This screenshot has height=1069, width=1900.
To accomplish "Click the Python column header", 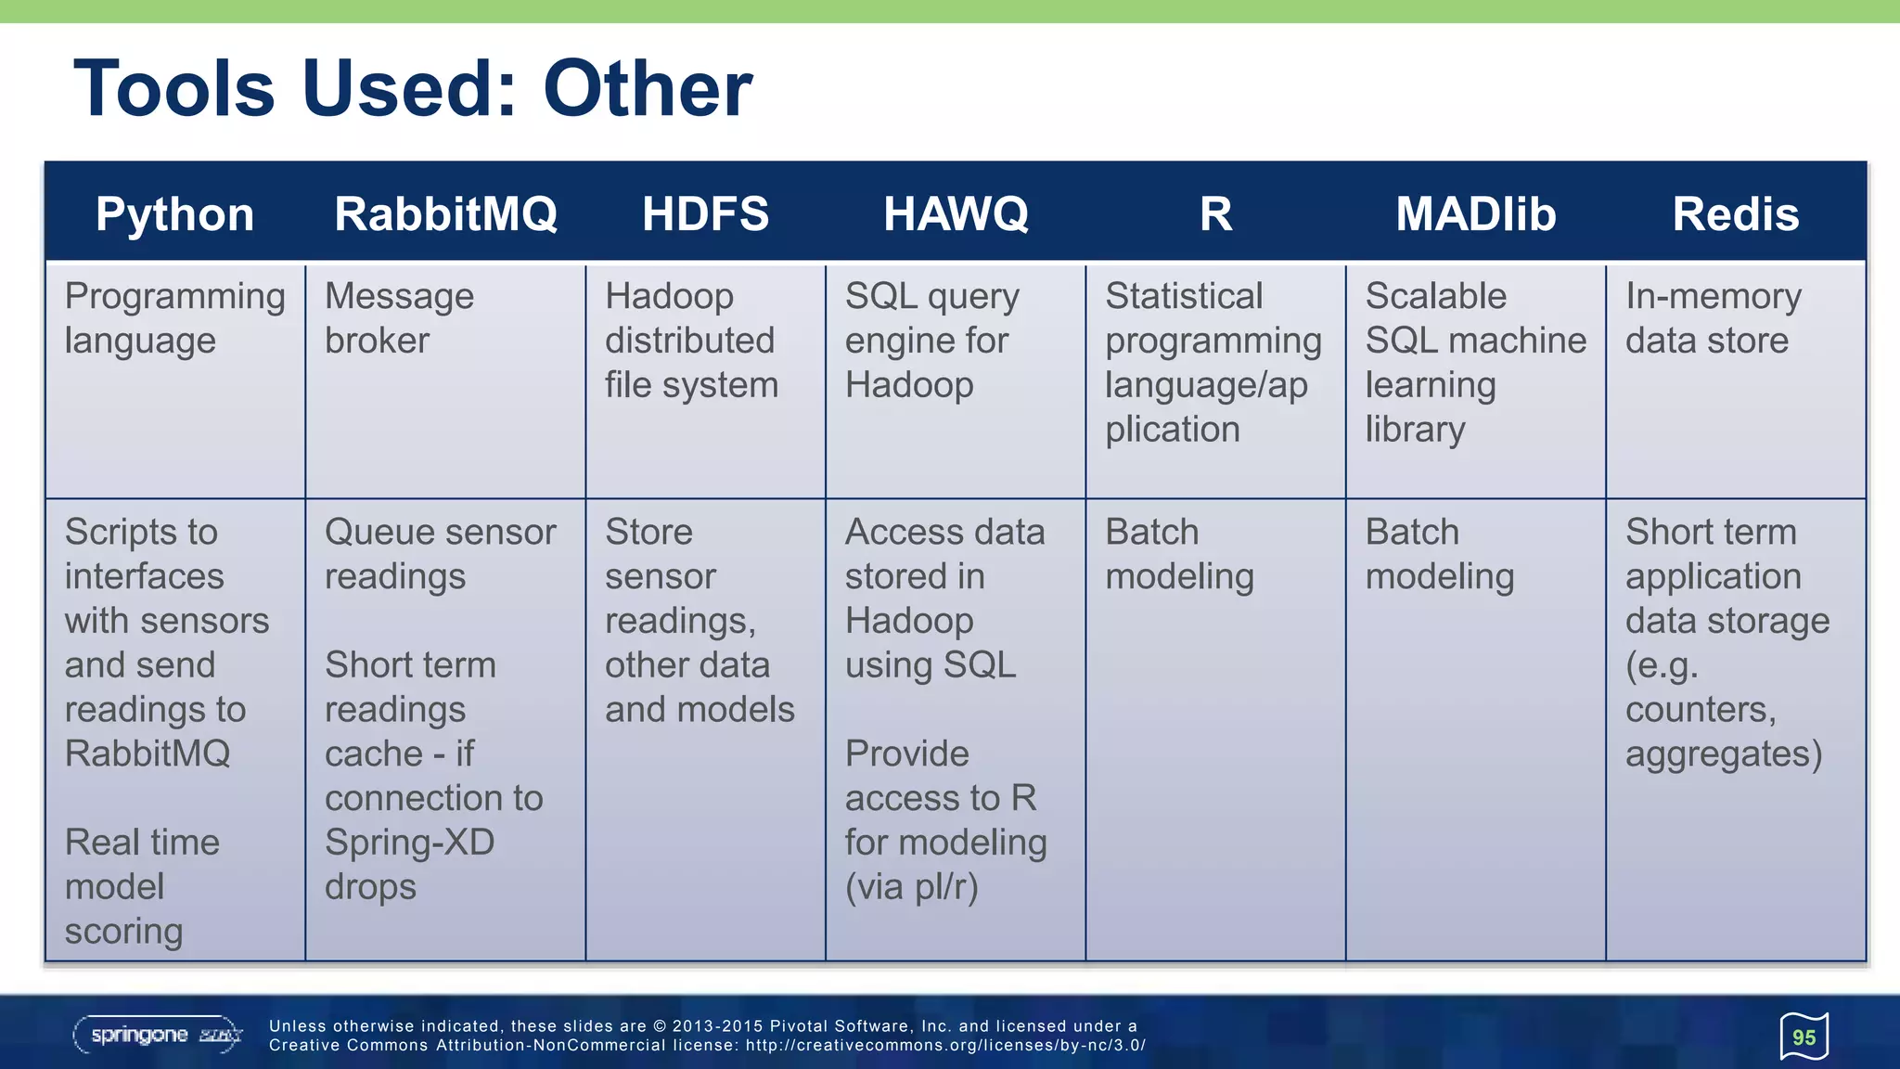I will [174, 214].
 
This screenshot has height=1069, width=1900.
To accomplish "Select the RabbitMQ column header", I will [445, 214].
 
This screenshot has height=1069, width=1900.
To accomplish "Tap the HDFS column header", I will [705, 214].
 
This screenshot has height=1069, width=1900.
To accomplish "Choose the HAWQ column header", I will [956, 214].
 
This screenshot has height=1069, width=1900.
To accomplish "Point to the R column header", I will [1215, 214].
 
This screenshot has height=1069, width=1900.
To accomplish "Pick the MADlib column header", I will [1475, 214].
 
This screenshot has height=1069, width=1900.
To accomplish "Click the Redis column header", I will [1735, 214].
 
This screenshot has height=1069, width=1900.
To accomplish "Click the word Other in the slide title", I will [648, 89].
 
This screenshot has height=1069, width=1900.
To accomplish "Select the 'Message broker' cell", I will [399, 318].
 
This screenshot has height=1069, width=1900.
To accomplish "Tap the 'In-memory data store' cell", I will [1712, 318].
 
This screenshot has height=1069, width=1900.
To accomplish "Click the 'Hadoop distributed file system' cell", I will [691, 341].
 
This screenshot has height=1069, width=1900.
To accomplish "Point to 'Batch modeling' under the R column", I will [1179, 554].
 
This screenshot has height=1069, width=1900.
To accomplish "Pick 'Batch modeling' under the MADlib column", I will [1439, 554].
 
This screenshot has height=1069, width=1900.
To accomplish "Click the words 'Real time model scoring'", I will [142, 886].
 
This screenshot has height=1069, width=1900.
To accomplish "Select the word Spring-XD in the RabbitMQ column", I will [409, 843].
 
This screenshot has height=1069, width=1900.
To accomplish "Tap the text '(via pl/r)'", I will [911, 887].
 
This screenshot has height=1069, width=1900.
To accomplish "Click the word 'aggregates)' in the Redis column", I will [1723, 754].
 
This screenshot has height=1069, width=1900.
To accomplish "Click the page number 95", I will [1804, 1037].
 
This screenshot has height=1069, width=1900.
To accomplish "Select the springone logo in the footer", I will [157, 1035].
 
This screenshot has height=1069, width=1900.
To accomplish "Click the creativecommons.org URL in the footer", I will [945, 1045].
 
